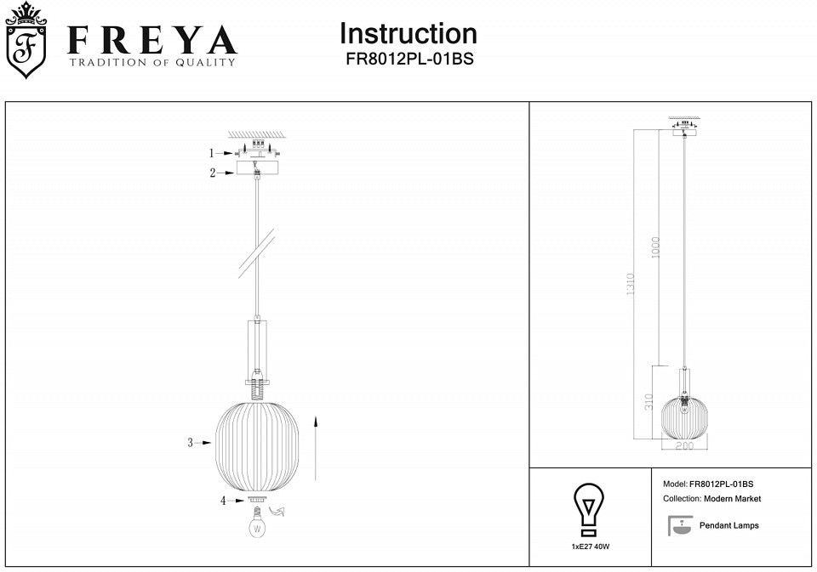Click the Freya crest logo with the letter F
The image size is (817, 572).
point(26,41)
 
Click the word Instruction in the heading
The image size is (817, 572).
point(408,34)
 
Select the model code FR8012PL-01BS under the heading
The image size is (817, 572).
point(409,59)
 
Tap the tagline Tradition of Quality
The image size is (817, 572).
point(152,62)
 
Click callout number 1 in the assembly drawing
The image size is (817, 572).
point(212,153)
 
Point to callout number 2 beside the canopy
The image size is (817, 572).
point(213,173)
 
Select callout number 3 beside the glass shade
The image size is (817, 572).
point(190,443)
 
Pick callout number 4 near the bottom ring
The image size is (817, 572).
point(223,501)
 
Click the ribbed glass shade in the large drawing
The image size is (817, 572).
point(257,446)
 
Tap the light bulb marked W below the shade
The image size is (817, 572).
point(257,523)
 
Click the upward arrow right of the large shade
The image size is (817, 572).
point(315,448)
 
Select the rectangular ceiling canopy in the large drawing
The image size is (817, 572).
point(257,167)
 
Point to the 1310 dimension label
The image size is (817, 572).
point(631,284)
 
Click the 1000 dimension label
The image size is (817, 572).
point(655,247)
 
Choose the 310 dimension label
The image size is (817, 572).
point(648,402)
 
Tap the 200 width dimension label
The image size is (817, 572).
point(684,445)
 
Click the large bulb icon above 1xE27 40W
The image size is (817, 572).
point(589,510)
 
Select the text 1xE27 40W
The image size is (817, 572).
point(591,547)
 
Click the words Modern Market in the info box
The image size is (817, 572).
point(732,499)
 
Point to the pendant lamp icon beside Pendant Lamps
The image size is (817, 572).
point(681,525)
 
